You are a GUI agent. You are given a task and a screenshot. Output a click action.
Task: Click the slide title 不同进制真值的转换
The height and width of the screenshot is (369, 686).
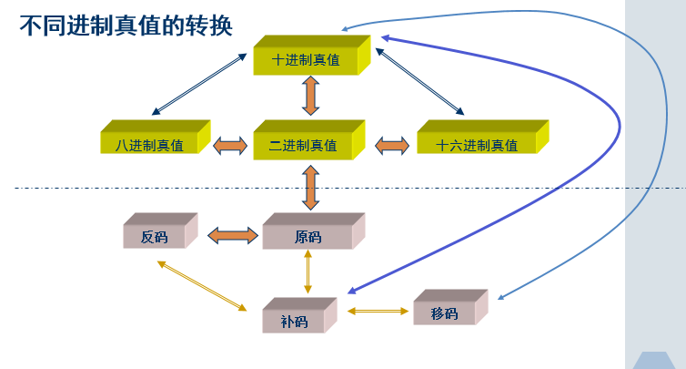point(126,26)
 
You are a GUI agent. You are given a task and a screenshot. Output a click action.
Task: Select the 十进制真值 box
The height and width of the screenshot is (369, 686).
point(307,59)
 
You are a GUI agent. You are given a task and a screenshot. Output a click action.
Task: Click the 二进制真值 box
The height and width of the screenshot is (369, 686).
point(303,144)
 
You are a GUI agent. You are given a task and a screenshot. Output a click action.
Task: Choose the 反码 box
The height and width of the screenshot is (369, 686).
point(155,236)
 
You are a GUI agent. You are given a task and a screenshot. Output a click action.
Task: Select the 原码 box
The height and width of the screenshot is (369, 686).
point(308,236)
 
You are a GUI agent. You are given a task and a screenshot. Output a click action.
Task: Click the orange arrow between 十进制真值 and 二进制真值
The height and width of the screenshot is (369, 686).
point(310,96)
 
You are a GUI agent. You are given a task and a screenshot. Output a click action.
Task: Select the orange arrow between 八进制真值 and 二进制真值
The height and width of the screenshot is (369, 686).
point(230,145)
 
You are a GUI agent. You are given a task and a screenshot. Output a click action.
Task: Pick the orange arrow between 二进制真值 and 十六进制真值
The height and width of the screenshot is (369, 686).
point(392,145)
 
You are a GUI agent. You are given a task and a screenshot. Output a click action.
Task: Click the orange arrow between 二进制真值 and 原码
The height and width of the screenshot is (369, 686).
point(310,188)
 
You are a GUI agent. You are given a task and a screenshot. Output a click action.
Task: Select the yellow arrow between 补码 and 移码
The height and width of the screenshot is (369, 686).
point(378,312)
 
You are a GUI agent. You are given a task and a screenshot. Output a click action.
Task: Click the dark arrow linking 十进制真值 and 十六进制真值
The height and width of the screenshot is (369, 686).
point(419,82)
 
